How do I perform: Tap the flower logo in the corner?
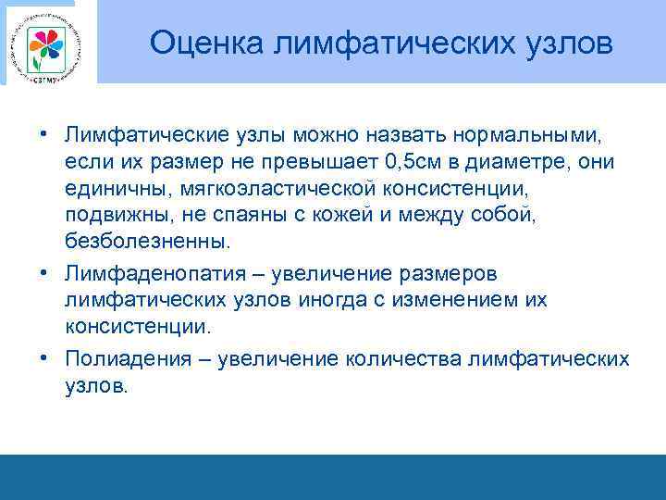(x=43, y=44)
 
